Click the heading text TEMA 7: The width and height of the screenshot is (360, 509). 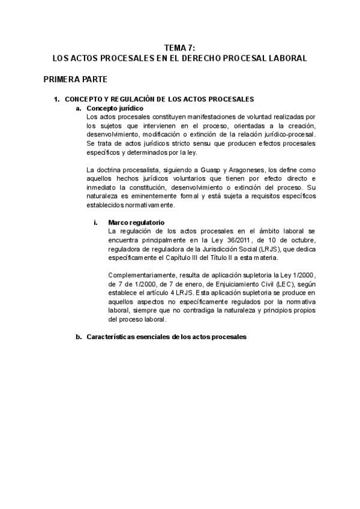click(179, 49)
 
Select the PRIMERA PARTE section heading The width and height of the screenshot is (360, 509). click(75, 79)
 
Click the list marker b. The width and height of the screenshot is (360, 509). click(78, 337)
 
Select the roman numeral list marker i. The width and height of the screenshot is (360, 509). click(95, 222)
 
